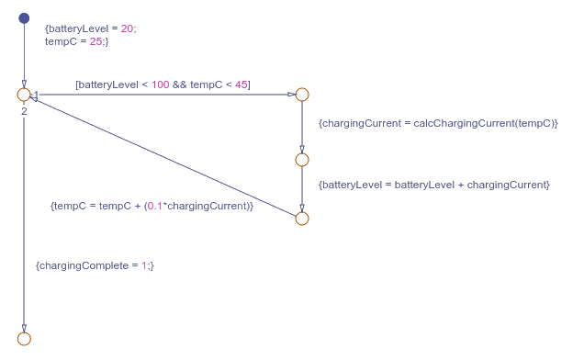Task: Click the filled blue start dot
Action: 24,18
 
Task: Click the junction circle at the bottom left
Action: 24,339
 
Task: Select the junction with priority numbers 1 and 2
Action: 24,95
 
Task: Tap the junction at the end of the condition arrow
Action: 302,95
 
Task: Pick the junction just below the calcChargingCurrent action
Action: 302,160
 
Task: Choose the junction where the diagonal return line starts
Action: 302,219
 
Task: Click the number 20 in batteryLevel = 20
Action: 128,28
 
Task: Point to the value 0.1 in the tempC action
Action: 155,206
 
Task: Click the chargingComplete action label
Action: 95,265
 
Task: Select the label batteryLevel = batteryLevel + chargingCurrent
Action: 433,185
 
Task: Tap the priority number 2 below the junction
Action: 24,111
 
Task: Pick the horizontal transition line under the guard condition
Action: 165,95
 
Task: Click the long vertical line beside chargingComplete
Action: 24,220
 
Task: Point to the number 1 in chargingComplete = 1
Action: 144,265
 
